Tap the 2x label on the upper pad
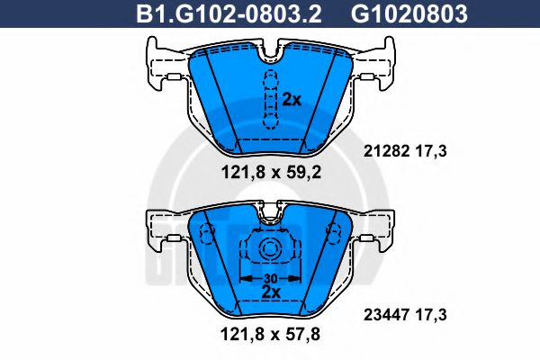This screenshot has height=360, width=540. (291, 100)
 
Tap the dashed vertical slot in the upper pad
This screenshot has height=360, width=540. (267, 99)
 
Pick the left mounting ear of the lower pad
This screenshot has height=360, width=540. (163, 229)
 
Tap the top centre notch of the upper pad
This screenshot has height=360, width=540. (267, 56)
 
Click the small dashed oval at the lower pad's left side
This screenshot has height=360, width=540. (205, 235)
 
